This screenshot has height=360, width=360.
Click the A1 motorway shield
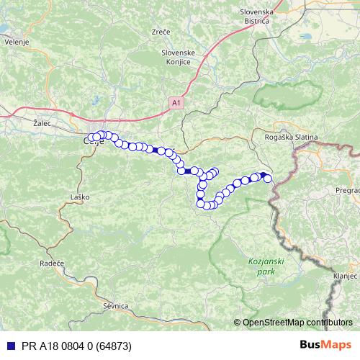coord(177,104)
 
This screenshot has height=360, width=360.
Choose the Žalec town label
coord(42,123)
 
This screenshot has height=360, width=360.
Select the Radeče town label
coord(52,264)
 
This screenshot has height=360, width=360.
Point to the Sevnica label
coord(115,306)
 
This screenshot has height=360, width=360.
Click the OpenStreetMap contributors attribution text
coord(297,323)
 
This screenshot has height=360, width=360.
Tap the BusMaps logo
coord(325,346)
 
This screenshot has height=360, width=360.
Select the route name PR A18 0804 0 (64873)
coord(76,346)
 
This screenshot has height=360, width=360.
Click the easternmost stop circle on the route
coord(269,179)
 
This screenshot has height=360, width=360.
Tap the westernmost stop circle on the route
coord(89,138)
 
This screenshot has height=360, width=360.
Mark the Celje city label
coord(94,143)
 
